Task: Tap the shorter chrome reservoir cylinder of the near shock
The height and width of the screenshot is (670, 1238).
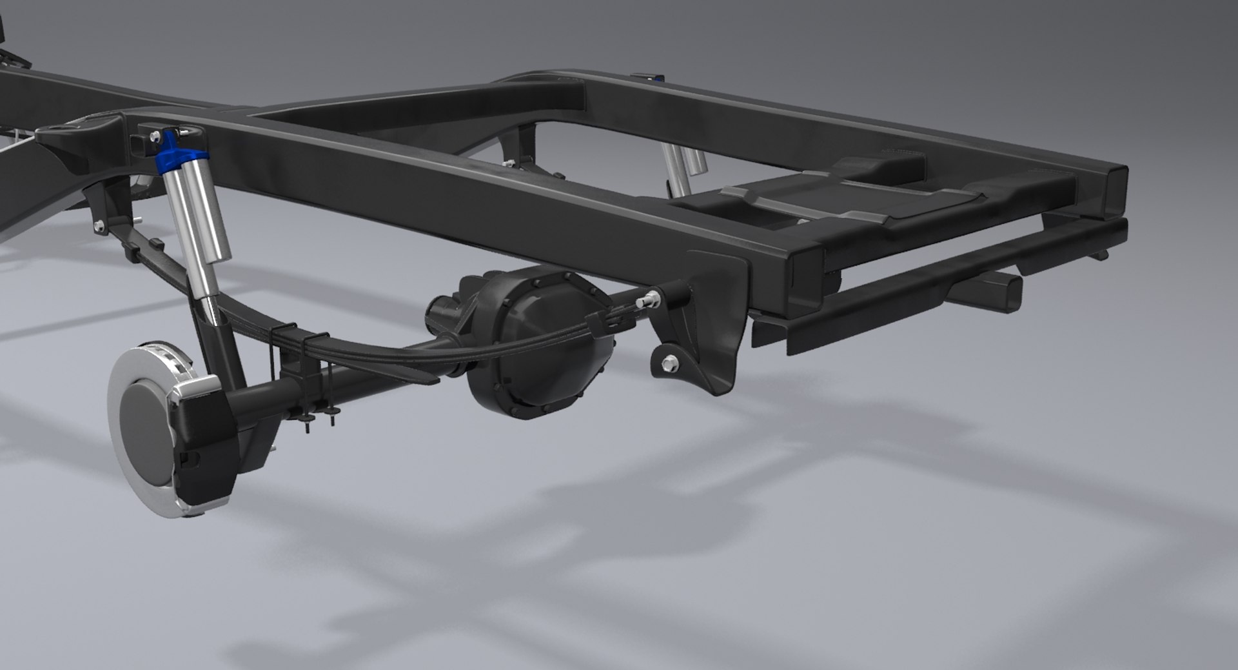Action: pos(208,213)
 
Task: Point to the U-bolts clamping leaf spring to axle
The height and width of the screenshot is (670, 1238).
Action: pos(303,374)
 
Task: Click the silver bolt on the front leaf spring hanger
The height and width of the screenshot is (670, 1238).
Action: pos(98,225)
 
